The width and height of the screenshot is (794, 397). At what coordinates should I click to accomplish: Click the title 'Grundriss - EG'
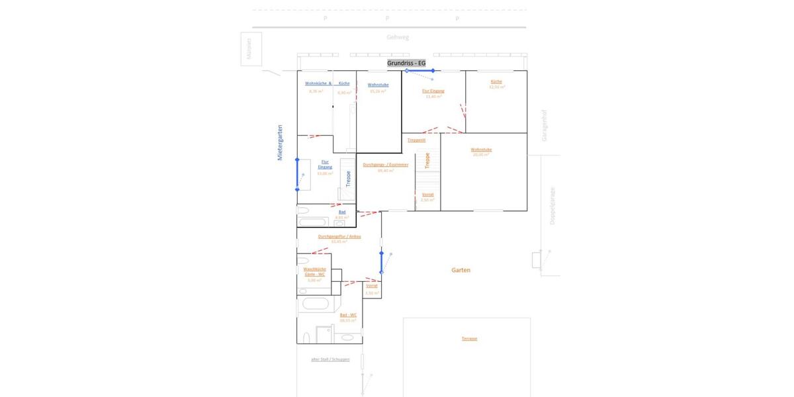coord(407,63)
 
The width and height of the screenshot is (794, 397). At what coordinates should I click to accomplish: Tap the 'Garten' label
coord(461,270)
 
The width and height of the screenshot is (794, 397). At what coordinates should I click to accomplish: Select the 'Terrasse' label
coord(469,339)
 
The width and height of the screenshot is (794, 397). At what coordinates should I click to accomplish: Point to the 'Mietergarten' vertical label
coord(280,142)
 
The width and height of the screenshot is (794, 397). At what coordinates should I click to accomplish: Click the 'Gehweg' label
coord(398,38)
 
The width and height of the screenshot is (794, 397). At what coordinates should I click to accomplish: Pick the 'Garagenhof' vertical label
coord(545,126)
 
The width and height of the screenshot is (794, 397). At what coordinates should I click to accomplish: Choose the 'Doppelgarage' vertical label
coord(552,206)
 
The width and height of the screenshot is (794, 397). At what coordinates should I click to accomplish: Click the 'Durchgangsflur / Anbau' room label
coord(339,236)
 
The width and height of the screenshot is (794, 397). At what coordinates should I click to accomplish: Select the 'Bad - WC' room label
coord(349,315)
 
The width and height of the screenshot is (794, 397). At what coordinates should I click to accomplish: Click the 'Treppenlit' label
coord(416,140)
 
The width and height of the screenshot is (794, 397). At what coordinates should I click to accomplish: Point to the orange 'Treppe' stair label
coord(427,161)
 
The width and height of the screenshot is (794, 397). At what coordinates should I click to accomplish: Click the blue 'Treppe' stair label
coord(348,179)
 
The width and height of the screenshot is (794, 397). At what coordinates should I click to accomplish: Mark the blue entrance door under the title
coord(419,70)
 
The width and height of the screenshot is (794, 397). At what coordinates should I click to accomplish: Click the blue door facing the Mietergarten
coord(297,175)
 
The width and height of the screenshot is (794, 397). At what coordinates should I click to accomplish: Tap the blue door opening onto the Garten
coord(381,262)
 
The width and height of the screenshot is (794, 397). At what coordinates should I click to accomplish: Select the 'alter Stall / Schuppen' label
coord(330,359)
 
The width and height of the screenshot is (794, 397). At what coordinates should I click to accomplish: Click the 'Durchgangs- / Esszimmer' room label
coord(386,164)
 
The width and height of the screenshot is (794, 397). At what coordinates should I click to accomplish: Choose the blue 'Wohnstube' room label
coord(378,85)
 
